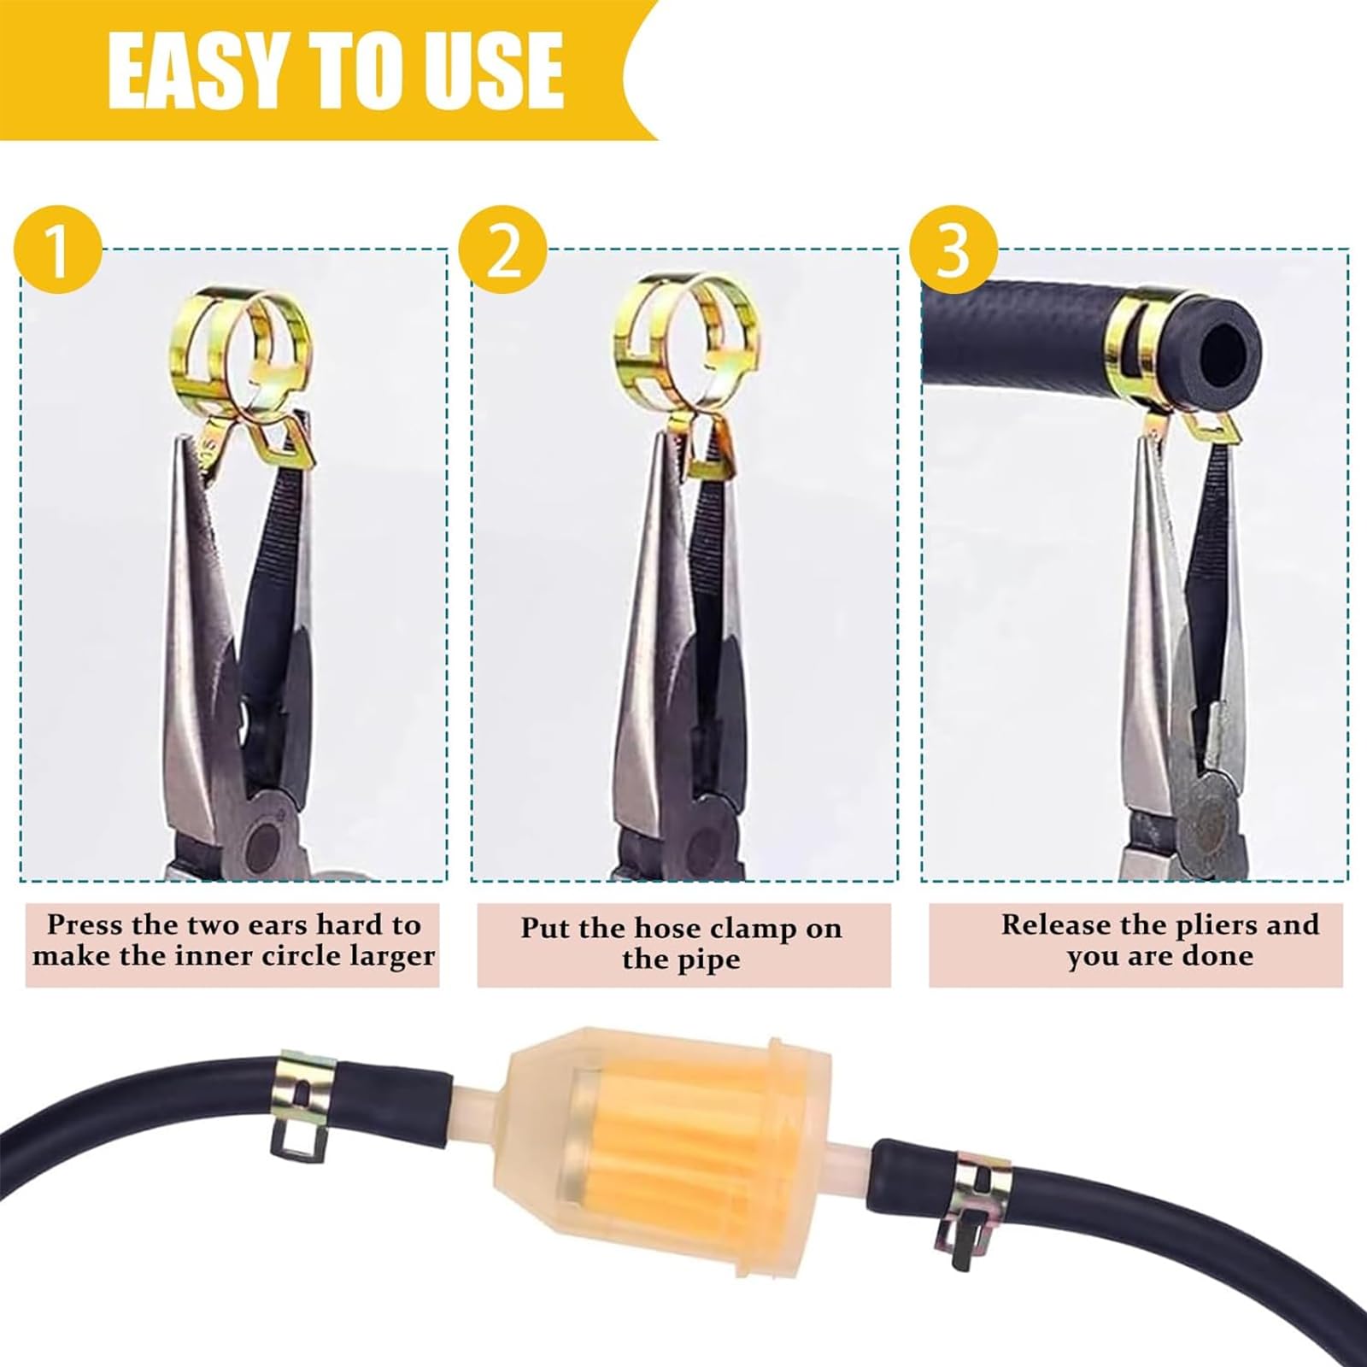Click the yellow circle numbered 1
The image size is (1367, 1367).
pos(58,249)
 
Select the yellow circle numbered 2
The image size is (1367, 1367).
pos(502,249)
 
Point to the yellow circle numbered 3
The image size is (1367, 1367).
pos(953,249)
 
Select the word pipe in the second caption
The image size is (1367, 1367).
pos(712,959)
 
